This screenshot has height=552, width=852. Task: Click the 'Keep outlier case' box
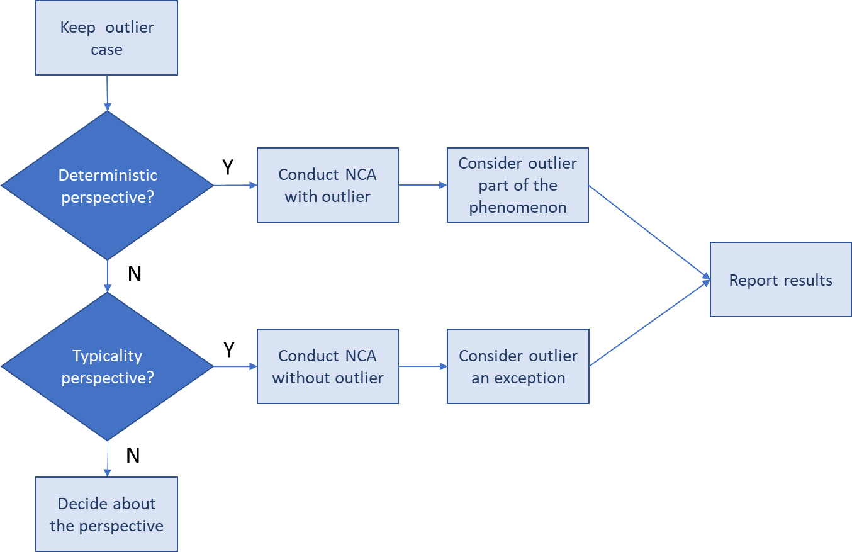click(106, 38)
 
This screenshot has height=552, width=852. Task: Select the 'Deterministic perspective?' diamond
click(107, 186)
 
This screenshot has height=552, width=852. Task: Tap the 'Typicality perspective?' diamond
click(107, 366)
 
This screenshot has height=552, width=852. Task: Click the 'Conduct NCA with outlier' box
click(327, 185)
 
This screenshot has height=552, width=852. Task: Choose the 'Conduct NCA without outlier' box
click(327, 366)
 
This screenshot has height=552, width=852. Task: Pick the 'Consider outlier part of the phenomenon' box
click(517, 185)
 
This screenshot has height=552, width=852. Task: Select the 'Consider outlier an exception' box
click(517, 366)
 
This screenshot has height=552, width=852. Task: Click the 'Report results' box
click(780, 280)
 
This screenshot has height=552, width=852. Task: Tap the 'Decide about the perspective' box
click(106, 514)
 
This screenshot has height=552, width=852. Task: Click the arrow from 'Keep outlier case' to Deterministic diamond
click(107, 93)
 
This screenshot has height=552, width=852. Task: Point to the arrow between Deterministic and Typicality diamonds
click(107, 276)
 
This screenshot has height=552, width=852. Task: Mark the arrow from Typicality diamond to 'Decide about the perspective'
click(107, 458)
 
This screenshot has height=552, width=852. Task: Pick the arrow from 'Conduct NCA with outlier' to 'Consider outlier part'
click(422, 185)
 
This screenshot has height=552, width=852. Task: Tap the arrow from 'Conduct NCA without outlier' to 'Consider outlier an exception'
click(422, 366)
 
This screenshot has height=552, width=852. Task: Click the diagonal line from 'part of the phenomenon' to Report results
click(648, 230)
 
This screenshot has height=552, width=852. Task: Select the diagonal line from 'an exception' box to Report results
click(648, 323)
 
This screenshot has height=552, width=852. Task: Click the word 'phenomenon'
click(517, 208)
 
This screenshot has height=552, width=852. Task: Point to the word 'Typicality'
click(107, 356)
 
